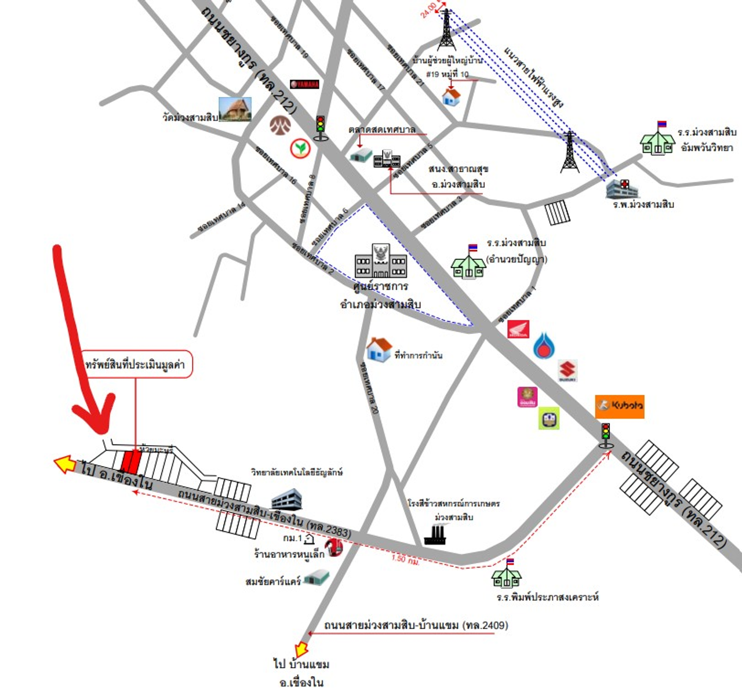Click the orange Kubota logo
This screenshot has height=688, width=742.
(619, 406)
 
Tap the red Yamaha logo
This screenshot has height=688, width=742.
(304, 84)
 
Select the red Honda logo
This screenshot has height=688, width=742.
(518, 330)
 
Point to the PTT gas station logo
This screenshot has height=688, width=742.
(544, 345)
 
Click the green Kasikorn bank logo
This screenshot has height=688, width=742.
(300, 148)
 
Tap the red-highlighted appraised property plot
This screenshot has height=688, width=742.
(130, 462)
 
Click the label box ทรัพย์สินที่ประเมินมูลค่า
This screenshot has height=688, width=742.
(135, 365)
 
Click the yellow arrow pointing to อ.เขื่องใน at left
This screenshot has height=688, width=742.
(64, 464)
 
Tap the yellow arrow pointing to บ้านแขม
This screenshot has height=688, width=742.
(302, 647)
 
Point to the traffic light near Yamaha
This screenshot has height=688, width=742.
(320, 128)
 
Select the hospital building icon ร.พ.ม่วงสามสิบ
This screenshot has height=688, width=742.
(621, 188)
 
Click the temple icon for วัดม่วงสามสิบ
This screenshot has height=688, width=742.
(235, 110)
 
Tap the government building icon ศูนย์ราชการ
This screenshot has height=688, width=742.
(380, 262)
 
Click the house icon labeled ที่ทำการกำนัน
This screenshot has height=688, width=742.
(379, 350)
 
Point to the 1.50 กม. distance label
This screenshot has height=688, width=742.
(405, 559)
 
